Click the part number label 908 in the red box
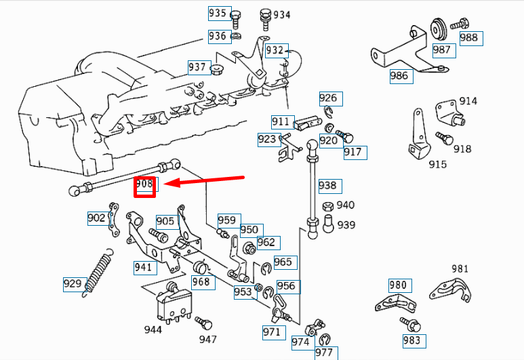click(x=145, y=185)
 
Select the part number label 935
click(x=218, y=14)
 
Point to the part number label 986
click(x=399, y=75)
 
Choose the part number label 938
click(x=327, y=185)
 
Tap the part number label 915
click(x=438, y=165)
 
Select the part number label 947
click(x=207, y=338)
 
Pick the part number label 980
click(x=398, y=285)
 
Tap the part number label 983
click(x=411, y=340)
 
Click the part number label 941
click(x=143, y=267)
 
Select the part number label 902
click(x=96, y=218)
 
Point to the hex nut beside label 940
click(x=327, y=206)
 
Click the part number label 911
click(x=281, y=122)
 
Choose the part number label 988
click(x=469, y=38)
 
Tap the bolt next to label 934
click(x=264, y=15)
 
